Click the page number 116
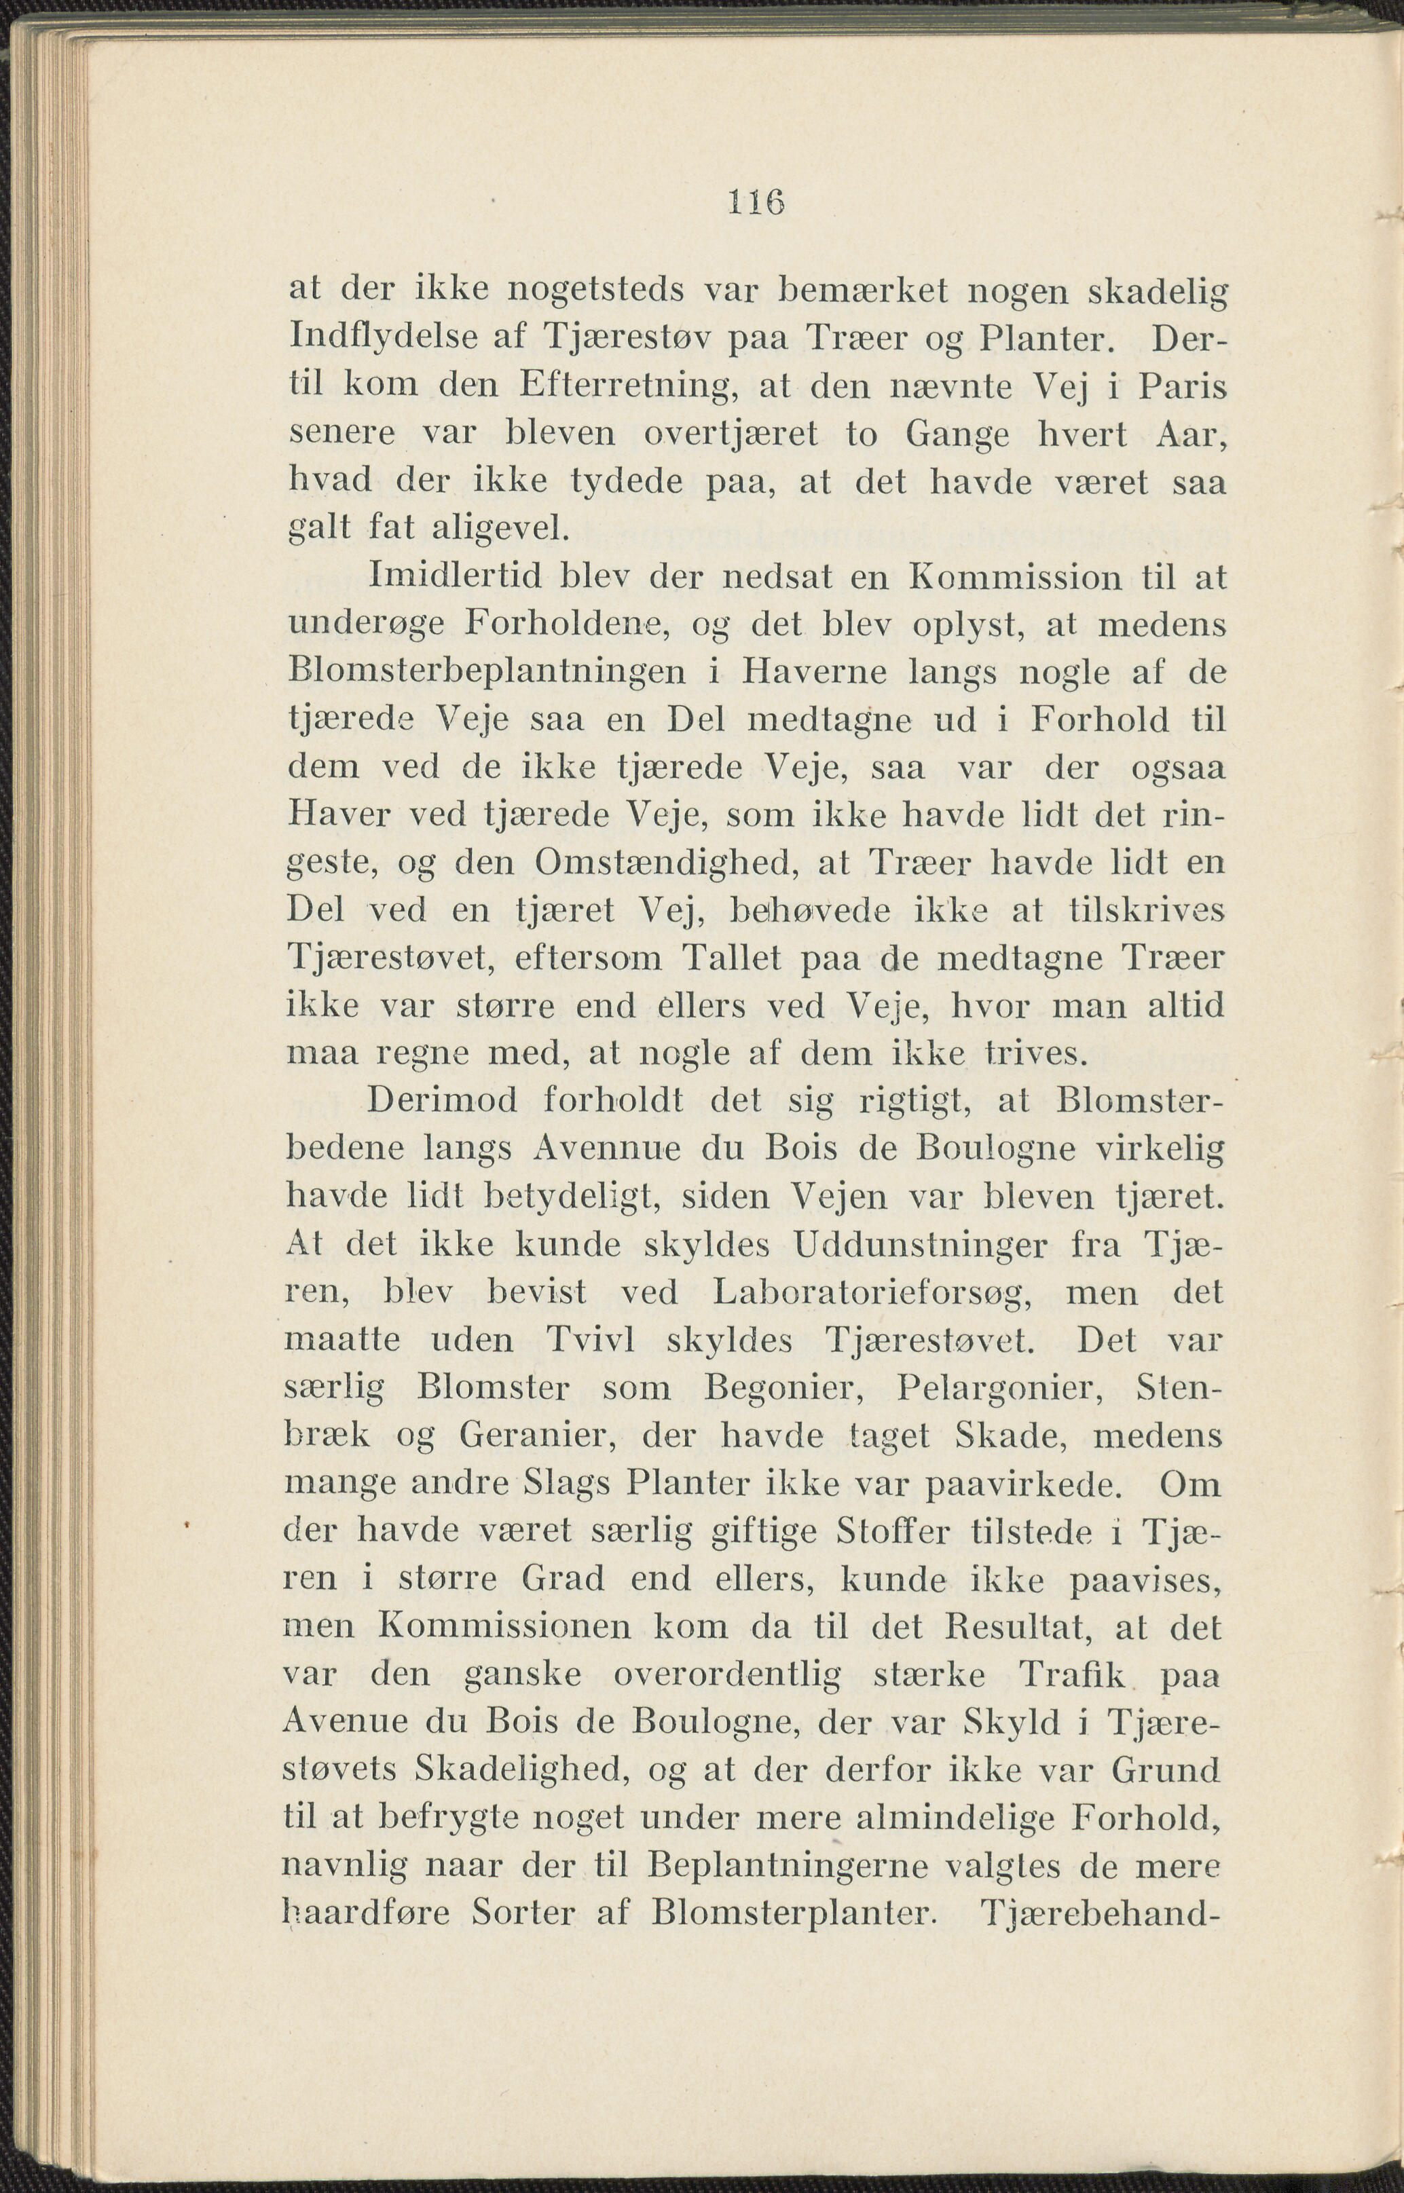(756, 202)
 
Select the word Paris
(1181, 386)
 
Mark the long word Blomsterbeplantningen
(487, 673)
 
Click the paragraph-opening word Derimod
(442, 1101)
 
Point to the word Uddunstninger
(921, 1245)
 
